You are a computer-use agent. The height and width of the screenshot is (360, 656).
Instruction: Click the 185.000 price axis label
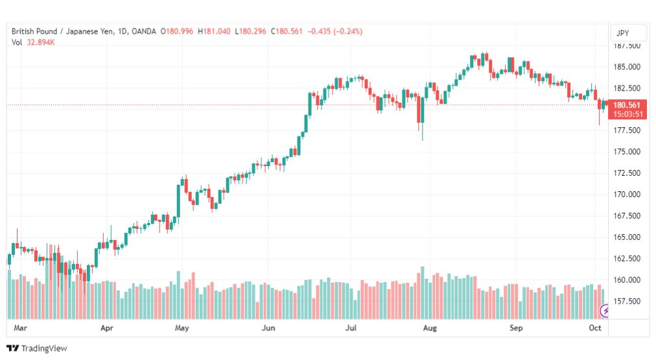tap(626, 67)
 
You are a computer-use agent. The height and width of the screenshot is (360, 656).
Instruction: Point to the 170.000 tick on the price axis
tap(626, 195)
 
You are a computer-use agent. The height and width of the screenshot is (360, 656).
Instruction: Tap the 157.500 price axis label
tap(626, 302)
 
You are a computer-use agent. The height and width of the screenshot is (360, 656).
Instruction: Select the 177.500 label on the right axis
tap(626, 130)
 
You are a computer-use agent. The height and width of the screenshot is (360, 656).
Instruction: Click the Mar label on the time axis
tap(20, 328)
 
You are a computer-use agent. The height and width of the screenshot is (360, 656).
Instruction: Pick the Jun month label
tap(268, 328)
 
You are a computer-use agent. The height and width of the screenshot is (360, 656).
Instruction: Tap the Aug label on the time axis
tap(430, 328)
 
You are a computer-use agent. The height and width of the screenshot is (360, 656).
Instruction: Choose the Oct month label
tap(595, 328)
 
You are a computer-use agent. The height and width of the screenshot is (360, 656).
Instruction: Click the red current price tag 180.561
tap(627, 105)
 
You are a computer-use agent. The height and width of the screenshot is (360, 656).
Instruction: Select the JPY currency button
tap(622, 33)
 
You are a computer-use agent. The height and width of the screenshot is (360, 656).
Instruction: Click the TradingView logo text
tap(44, 348)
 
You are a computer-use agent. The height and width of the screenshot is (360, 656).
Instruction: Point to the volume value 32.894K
tap(41, 43)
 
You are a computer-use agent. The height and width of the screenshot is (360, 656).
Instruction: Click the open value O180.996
tap(177, 31)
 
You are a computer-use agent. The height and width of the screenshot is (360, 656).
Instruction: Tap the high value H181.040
tap(214, 31)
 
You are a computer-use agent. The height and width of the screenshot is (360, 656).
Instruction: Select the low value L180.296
tap(251, 31)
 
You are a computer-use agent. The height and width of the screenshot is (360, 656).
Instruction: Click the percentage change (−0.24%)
tap(348, 31)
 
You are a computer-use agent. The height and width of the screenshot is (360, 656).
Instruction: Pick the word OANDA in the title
tap(143, 31)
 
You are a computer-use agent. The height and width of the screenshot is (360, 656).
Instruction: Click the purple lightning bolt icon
tap(605, 311)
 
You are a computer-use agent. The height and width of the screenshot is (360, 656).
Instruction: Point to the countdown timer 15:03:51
tap(628, 114)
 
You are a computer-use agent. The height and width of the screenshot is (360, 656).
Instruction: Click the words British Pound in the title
tap(34, 31)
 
